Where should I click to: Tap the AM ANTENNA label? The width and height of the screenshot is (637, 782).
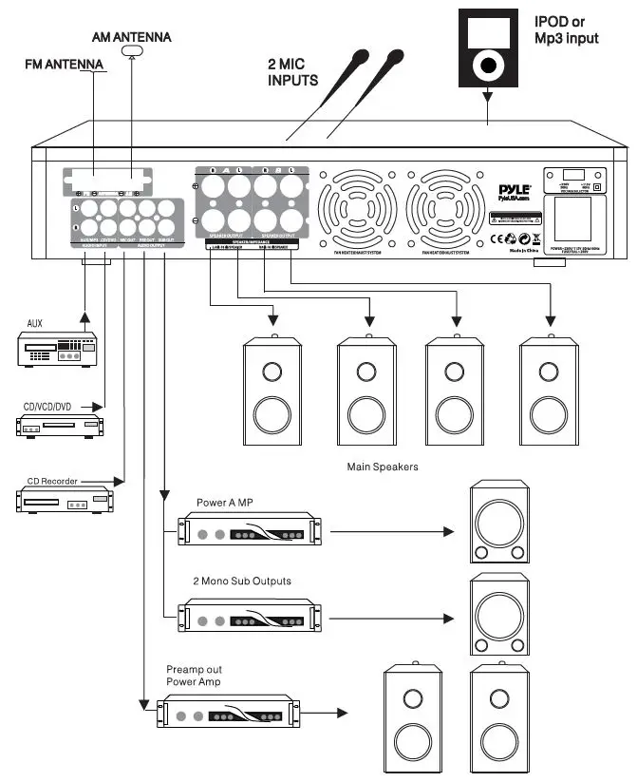pyautogui.click(x=132, y=36)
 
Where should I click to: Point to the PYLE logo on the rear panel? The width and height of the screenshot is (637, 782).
pyautogui.click(x=515, y=191)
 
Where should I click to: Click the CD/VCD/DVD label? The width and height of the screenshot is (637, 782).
pyautogui.click(x=47, y=406)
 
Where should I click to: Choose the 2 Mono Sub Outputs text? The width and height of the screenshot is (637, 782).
pyautogui.click(x=241, y=580)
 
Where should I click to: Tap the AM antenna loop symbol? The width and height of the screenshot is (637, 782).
pyautogui.click(x=132, y=50)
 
